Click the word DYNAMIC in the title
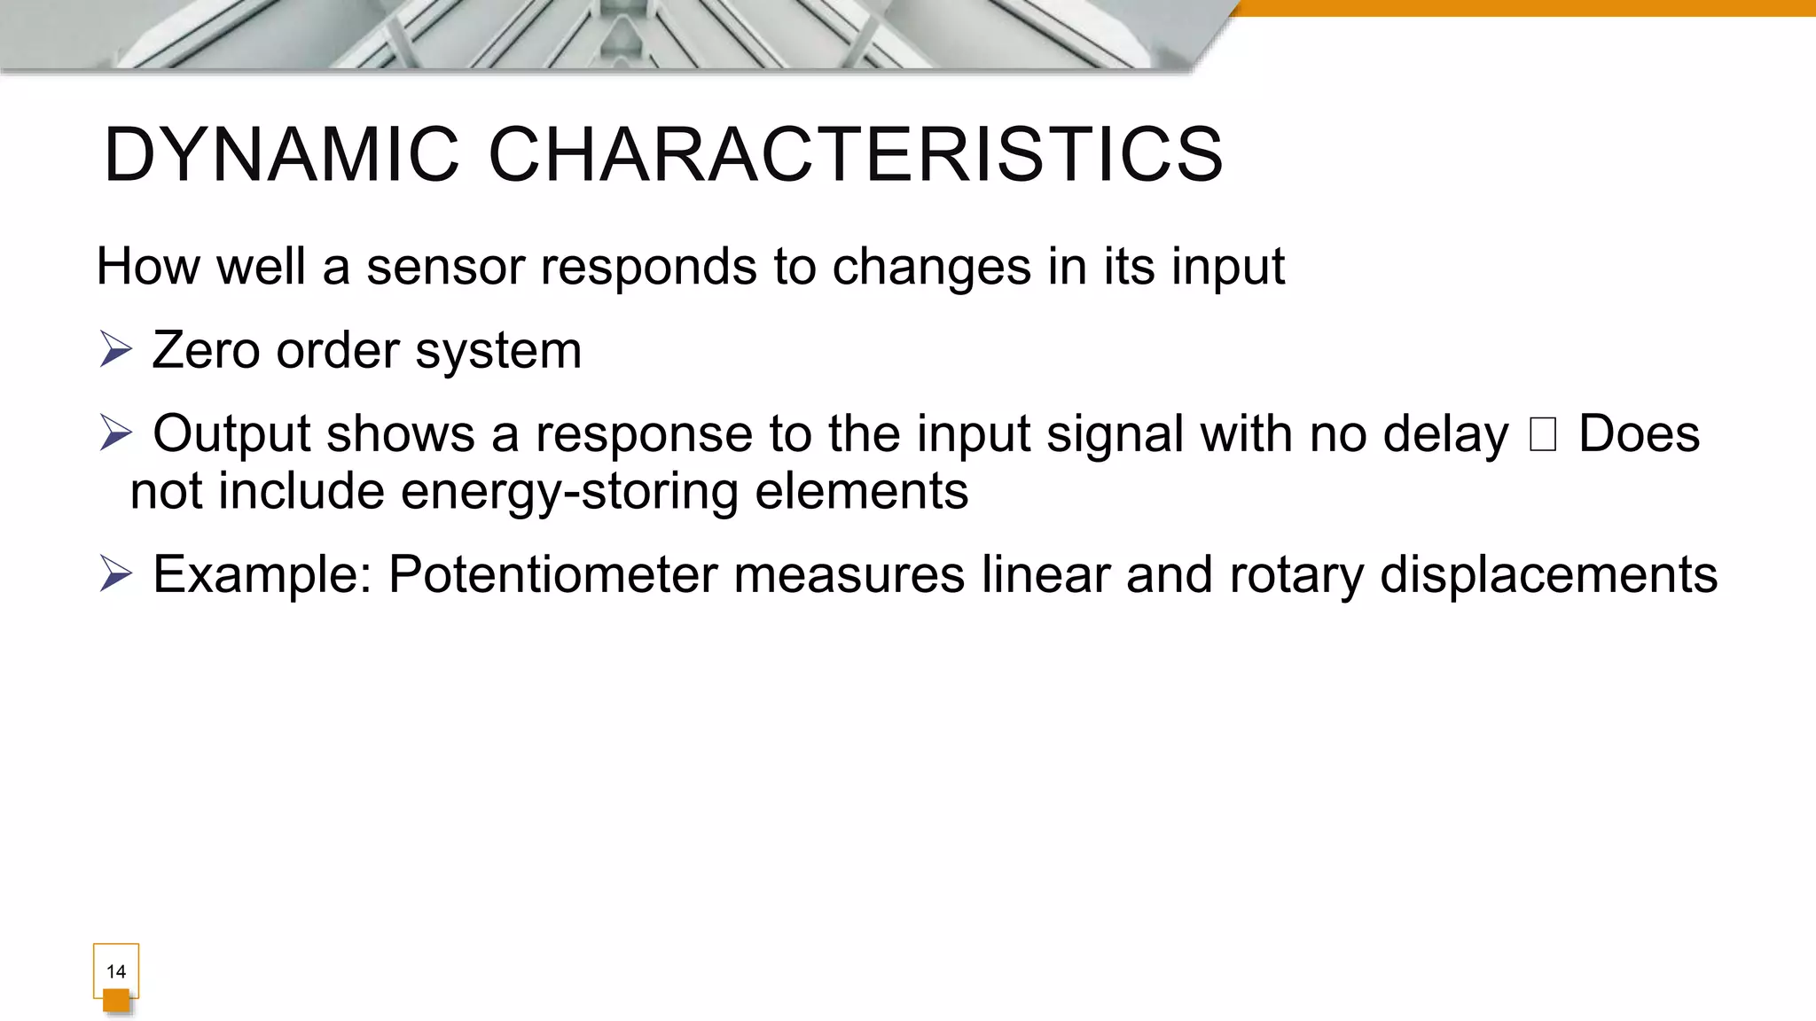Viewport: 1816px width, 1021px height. coord(282,155)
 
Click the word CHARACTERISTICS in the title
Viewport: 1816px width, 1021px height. coord(856,155)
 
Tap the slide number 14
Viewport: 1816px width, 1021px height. coord(116,971)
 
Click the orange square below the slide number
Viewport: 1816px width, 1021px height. coord(116,1002)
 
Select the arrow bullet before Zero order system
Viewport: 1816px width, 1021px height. coord(115,349)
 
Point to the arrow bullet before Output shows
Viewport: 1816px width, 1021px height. coord(115,433)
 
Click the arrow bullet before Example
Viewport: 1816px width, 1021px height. coord(115,573)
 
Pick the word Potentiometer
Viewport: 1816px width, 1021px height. coord(553,574)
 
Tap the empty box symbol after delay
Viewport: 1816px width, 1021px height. coord(1543,434)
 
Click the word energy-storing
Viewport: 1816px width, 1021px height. coord(569,492)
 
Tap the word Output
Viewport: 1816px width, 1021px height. coord(232,434)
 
